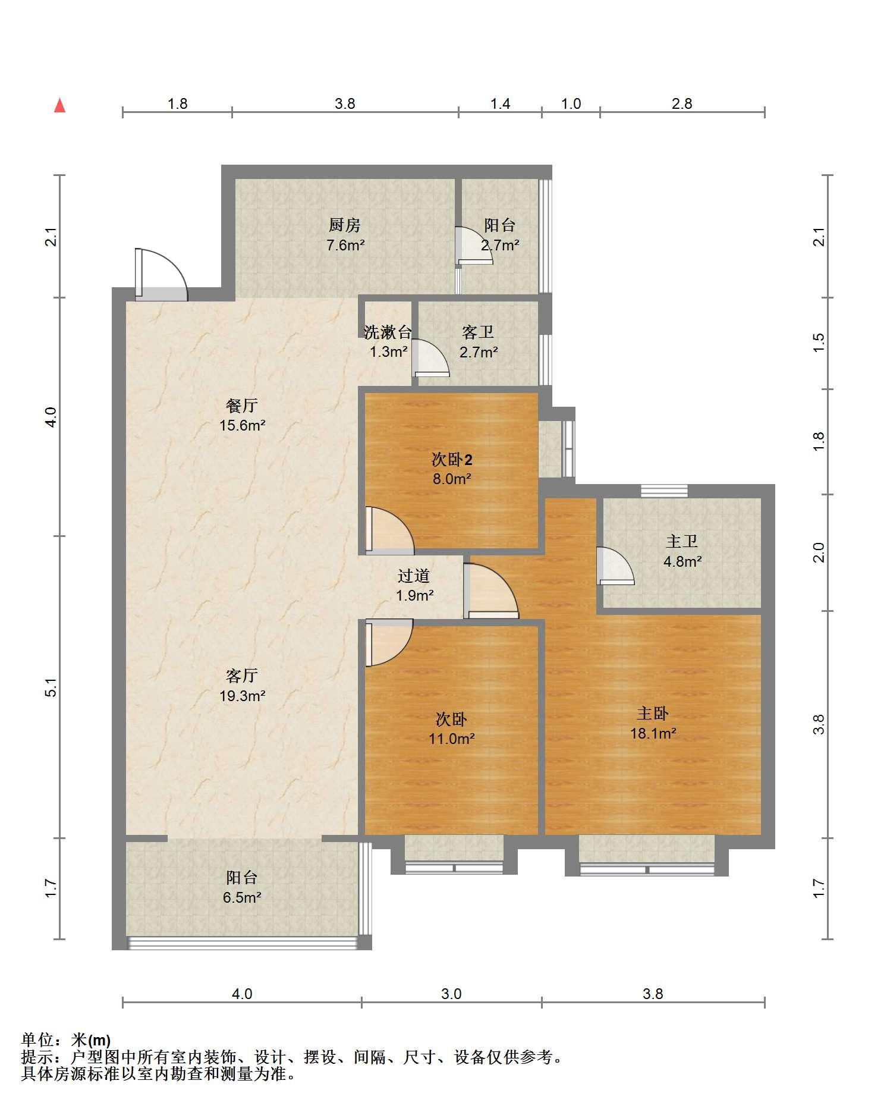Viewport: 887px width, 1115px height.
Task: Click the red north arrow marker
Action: click(59, 105)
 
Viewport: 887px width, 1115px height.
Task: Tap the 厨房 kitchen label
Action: click(345, 225)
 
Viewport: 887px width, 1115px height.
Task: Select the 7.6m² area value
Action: click(345, 245)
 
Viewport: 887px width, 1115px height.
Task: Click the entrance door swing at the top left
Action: click(161, 275)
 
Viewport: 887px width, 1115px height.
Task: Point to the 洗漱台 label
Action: click(388, 332)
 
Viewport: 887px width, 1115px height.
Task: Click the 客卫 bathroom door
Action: click(430, 358)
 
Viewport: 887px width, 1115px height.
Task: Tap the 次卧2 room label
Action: click(452, 459)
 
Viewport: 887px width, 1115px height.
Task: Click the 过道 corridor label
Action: click(414, 576)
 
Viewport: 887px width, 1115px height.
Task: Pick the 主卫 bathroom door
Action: click(615, 566)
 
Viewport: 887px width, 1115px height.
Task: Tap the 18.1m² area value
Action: click(653, 733)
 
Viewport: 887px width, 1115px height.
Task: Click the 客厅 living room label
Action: click(242, 676)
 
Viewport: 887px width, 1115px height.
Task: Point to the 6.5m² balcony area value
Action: click(242, 897)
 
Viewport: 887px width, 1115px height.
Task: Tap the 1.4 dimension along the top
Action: click(500, 103)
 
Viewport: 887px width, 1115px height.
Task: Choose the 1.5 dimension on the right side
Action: click(819, 341)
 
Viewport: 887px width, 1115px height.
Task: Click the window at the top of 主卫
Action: click(664, 491)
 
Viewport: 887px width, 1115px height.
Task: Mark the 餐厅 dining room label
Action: click(242, 406)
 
